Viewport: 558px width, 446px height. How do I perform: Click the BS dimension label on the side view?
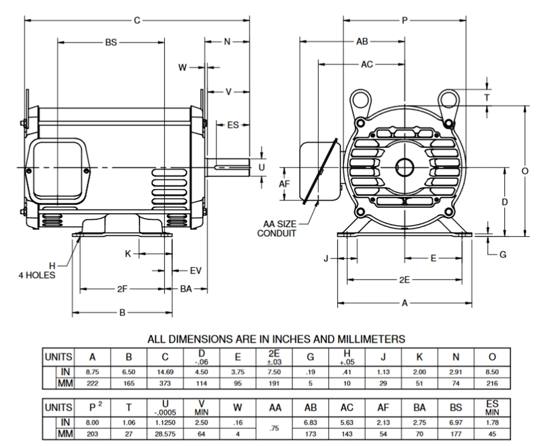(111, 42)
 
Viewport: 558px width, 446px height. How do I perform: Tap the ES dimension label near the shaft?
(233, 125)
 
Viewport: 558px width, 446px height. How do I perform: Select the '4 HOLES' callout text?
(37, 275)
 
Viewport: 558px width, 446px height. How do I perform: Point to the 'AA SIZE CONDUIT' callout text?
(276, 228)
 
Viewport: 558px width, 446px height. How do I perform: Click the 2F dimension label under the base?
(122, 289)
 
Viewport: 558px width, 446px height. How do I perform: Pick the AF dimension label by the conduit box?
(284, 184)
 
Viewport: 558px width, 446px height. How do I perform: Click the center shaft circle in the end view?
(405, 167)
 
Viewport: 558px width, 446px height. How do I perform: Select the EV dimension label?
(196, 271)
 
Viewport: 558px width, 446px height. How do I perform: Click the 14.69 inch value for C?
(165, 372)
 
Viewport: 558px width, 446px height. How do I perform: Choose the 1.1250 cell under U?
(165, 422)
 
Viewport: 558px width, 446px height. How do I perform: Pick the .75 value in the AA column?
(274, 428)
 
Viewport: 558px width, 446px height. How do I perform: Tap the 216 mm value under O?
(492, 384)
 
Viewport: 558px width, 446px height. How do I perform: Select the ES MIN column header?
(492, 407)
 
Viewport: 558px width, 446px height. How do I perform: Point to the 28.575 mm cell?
(165, 434)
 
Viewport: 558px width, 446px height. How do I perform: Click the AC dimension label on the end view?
(367, 65)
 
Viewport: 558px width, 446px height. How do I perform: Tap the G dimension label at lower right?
(503, 254)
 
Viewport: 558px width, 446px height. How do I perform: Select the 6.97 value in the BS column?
(456, 422)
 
